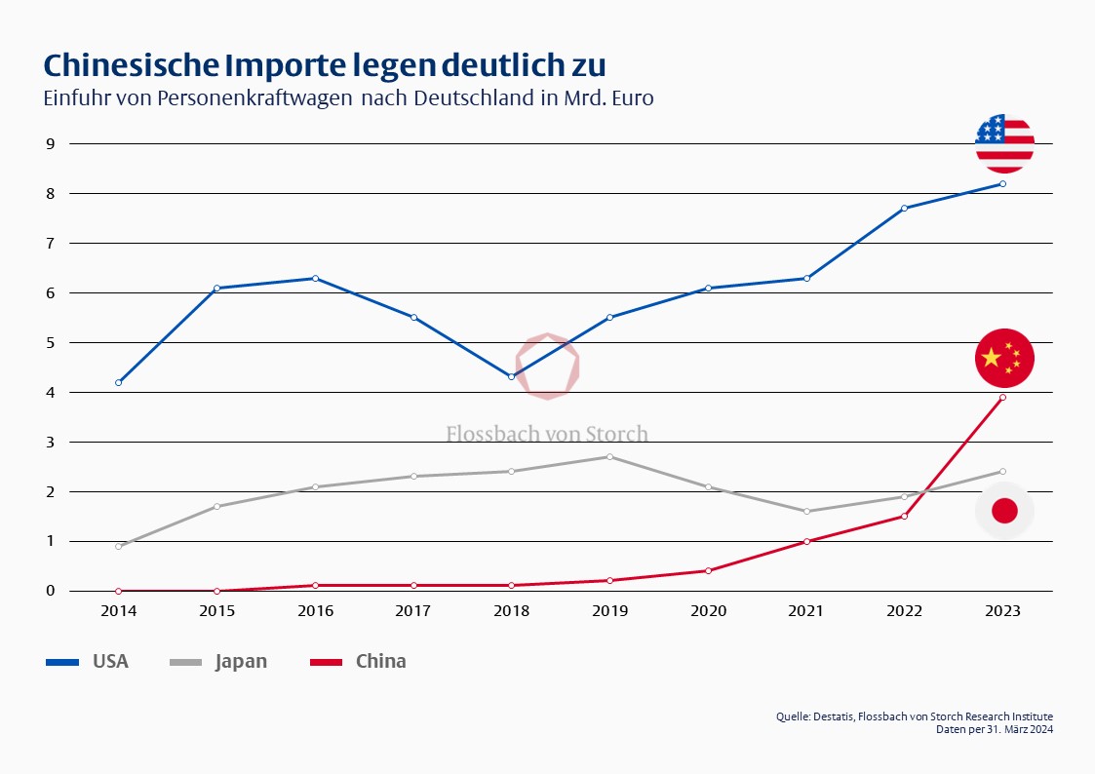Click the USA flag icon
pyautogui.click(x=1004, y=143)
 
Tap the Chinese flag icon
pyautogui.click(x=1004, y=358)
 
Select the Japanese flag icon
pyautogui.click(x=1004, y=510)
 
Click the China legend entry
pyautogui.click(x=358, y=661)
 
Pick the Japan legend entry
pyautogui.click(x=218, y=661)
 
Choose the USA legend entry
pyautogui.click(x=88, y=661)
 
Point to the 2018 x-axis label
pyautogui.click(x=512, y=611)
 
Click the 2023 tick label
pyautogui.click(x=1003, y=611)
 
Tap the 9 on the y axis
pyautogui.click(x=49, y=144)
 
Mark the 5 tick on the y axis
pyautogui.click(x=49, y=343)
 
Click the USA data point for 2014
pyautogui.click(x=119, y=382)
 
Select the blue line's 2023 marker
pyautogui.click(x=1003, y=183)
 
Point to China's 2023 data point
pyautogui.click(x=1003, y=397)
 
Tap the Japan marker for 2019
pyautogui.click(x=610, y=456)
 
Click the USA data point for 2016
pyautogui.click(x=315, y=278)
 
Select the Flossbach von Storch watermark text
pyautogui.click(x=547, y=434)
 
